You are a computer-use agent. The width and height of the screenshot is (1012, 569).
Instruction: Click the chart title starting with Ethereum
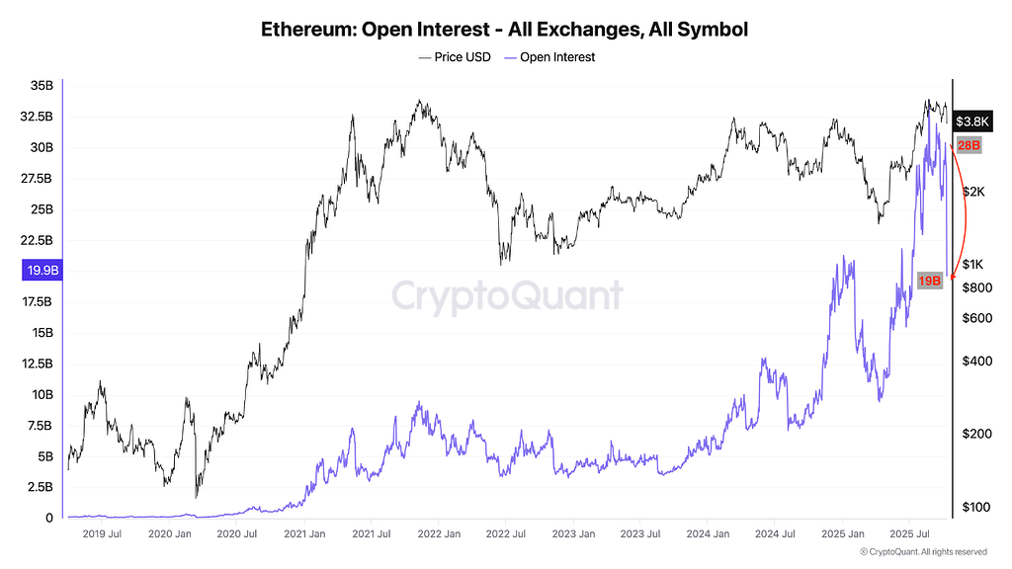tap(505, 29)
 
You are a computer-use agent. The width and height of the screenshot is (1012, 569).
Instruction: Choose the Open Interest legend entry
tap(549, 57)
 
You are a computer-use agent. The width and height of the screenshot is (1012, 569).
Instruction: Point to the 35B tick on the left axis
tap(41, 86)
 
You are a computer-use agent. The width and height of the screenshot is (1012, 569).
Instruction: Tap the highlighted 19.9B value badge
tap(41, 271)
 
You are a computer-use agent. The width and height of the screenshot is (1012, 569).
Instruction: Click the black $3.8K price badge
tap(971, 122)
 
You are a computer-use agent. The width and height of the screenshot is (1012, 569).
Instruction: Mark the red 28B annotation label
tap(969, 145)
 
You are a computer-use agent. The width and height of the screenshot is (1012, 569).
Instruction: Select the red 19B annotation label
tap(930, 281)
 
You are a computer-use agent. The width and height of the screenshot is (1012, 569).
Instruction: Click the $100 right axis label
tap(974, 507)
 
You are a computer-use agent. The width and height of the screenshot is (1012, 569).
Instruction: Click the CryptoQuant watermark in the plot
tap(508, 295)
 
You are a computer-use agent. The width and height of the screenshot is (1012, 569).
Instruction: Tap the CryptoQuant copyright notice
tap(923, 552)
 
